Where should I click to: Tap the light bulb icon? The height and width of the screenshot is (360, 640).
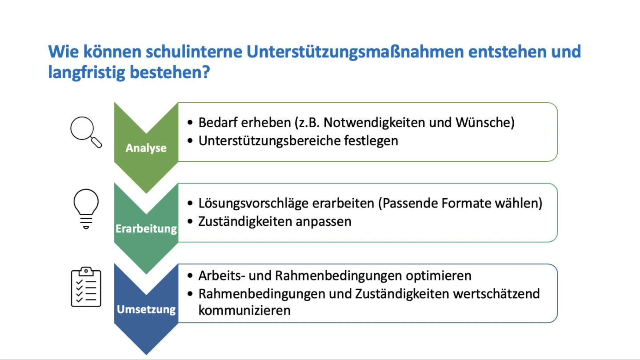[86, 209]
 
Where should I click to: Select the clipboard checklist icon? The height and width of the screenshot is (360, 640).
[86, 287]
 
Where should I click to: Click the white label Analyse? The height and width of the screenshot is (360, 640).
[146, 148]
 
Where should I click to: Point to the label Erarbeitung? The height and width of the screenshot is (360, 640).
[146, 228]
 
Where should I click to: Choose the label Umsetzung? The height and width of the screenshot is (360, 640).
[146, 309]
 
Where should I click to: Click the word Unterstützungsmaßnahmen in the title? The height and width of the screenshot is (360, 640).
[355, 52]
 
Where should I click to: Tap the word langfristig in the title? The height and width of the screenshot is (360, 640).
[87, 72]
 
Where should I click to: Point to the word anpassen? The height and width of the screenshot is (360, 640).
[323, 222]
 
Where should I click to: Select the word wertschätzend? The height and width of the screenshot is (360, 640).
[496, 294]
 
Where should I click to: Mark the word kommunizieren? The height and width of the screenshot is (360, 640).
[244, 310]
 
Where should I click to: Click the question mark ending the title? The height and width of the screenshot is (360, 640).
[206, 72]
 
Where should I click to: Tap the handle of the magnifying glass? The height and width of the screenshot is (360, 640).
[96, 142]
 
